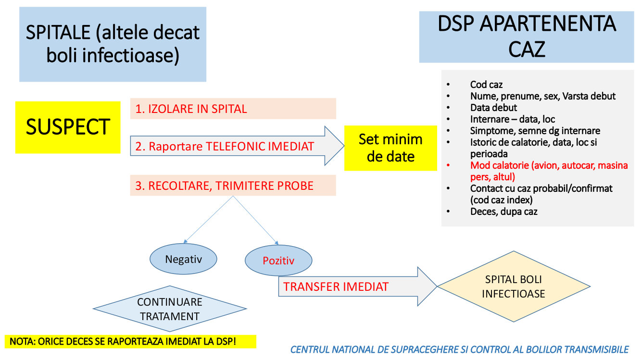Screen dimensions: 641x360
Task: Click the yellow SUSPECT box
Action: coord(68,127)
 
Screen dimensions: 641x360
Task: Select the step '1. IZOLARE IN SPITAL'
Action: coord(233,109)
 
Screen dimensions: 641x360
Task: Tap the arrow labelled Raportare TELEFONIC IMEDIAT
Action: coord(237,146)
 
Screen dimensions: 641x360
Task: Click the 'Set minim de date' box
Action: coord(390,148)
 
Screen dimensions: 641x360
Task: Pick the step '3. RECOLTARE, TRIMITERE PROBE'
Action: coord(233,186)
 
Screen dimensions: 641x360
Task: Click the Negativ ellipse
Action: coord(183,259)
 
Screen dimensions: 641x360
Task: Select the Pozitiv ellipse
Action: coord(278,260)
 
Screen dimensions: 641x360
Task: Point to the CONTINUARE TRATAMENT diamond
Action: coord(170,309)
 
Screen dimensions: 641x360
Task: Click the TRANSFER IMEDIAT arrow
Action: coord(358,286)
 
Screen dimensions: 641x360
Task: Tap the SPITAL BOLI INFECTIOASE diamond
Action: coord(514,286)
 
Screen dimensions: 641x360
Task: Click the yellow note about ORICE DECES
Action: coord(130,341)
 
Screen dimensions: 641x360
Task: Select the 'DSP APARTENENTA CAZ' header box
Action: coord(527,37)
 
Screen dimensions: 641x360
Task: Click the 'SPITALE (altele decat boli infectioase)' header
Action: coord(113,44)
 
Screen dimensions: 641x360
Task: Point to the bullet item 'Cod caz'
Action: coord(486,85)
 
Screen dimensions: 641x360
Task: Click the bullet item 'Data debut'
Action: coord(494,108)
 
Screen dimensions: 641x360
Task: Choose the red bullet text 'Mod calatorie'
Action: coord(549,171)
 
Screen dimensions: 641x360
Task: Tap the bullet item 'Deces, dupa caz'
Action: coord(503,211)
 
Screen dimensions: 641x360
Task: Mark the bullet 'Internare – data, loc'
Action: coord(513,119)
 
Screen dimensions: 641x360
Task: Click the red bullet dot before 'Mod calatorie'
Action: coord(448,165)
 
